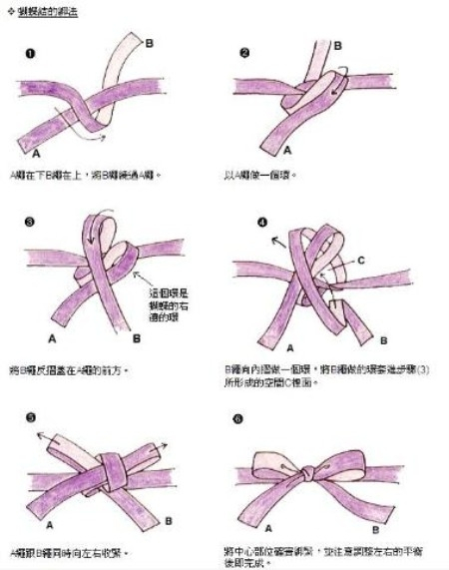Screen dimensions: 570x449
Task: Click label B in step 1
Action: [150, 43]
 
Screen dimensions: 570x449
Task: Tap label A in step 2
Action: [287, 150]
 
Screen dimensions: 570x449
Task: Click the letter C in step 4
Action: [361, 260]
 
